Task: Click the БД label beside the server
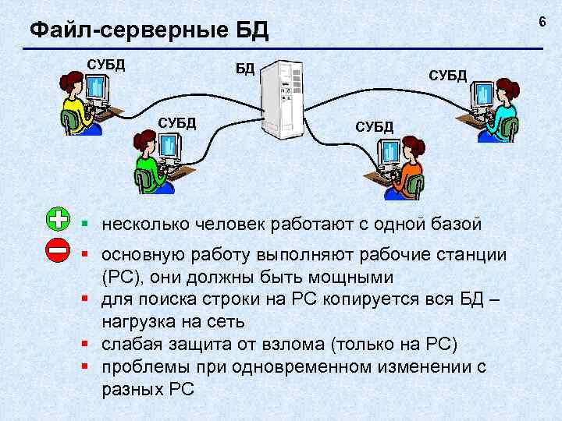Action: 245,69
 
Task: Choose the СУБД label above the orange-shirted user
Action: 375,126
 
